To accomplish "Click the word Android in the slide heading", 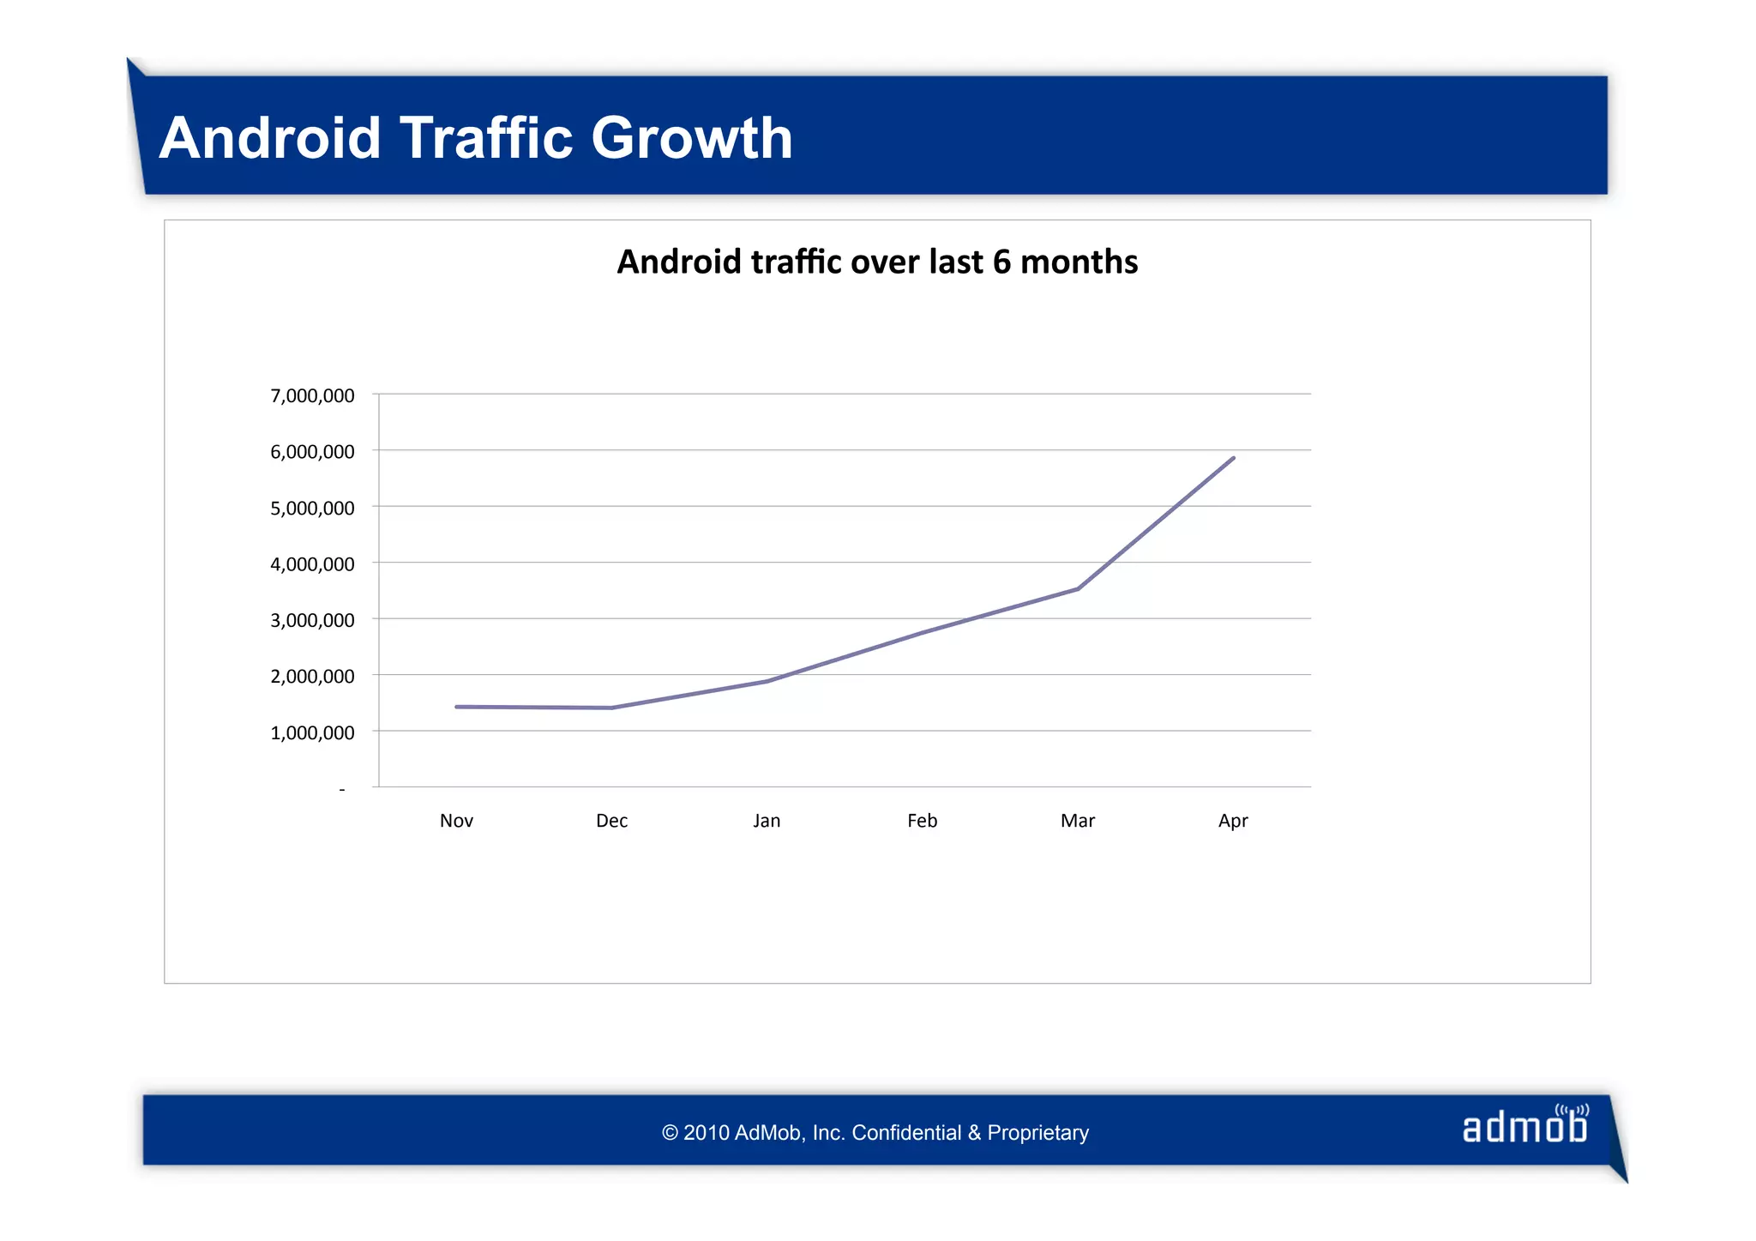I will pos(270,138).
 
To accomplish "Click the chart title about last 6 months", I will pos(877,262).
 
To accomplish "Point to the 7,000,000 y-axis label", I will pos(312,395).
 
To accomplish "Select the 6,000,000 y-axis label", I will pos(312,452).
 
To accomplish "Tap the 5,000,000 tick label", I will pos(312,508).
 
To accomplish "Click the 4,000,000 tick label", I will pos(312,564).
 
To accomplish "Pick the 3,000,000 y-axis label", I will pos(312,620).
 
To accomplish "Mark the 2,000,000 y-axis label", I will pos(312,676).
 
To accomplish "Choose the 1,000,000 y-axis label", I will pos(312,732).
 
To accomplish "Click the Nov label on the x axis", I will pos(456,821).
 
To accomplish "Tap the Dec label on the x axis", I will pos(611,821).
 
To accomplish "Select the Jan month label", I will pos(767,821).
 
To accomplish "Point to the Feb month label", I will pos(922,821).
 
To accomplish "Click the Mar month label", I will pos(1077,821).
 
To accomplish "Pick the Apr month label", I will pos(1232,821).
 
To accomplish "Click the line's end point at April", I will pos(1233,458).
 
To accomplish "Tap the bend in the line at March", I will pos(1078,589).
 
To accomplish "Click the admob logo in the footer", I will pos(1524,1126).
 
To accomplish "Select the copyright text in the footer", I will pos(875,1133).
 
